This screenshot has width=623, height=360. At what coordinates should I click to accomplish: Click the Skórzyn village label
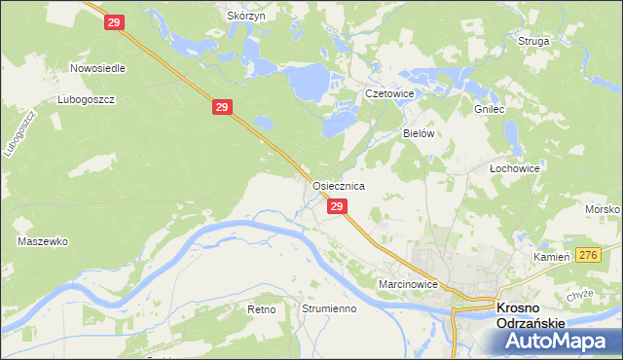[246, 17]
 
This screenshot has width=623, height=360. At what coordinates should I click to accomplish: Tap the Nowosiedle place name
[97, 69]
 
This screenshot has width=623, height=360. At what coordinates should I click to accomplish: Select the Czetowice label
[389, 93]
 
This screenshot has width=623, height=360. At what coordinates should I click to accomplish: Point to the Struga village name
[534, 42]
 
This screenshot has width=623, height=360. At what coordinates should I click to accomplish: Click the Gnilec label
[489, 110]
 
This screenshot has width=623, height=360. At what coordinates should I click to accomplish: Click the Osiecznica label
[338, 185]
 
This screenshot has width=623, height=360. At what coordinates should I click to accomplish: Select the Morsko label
[604, 210]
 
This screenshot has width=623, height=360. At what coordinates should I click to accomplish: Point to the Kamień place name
[550, 257]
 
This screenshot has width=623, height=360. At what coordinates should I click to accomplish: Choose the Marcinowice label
[410, 284]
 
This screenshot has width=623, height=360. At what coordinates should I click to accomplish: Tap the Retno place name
[262, 308]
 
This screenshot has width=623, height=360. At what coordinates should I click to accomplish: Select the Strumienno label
[329, 308]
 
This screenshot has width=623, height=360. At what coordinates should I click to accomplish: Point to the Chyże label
[579, 295]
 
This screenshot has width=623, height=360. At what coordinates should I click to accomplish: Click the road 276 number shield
[586, 254]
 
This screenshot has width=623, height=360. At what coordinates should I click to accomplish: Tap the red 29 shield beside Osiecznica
[337, 206]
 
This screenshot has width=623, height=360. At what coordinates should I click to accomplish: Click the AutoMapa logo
[558, 342]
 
